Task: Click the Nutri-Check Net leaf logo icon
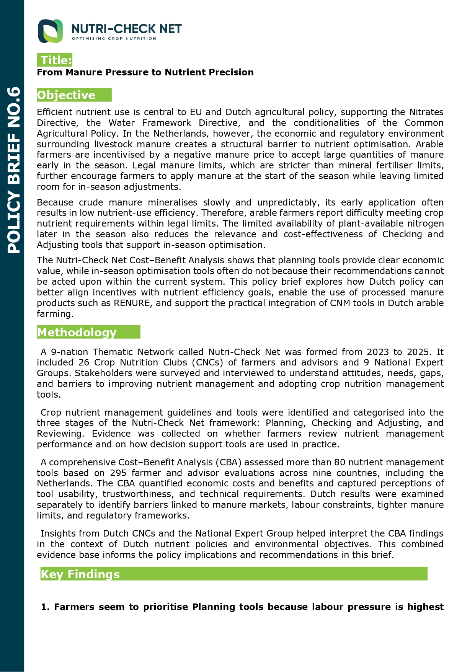50,31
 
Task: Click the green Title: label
55,60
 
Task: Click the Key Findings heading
80,574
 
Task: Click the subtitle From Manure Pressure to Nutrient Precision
145,72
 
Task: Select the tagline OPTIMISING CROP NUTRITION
114,39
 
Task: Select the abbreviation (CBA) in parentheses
229,462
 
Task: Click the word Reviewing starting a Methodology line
60,434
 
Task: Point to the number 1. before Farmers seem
46,607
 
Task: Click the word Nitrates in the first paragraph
426,112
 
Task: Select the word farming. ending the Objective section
55,314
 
